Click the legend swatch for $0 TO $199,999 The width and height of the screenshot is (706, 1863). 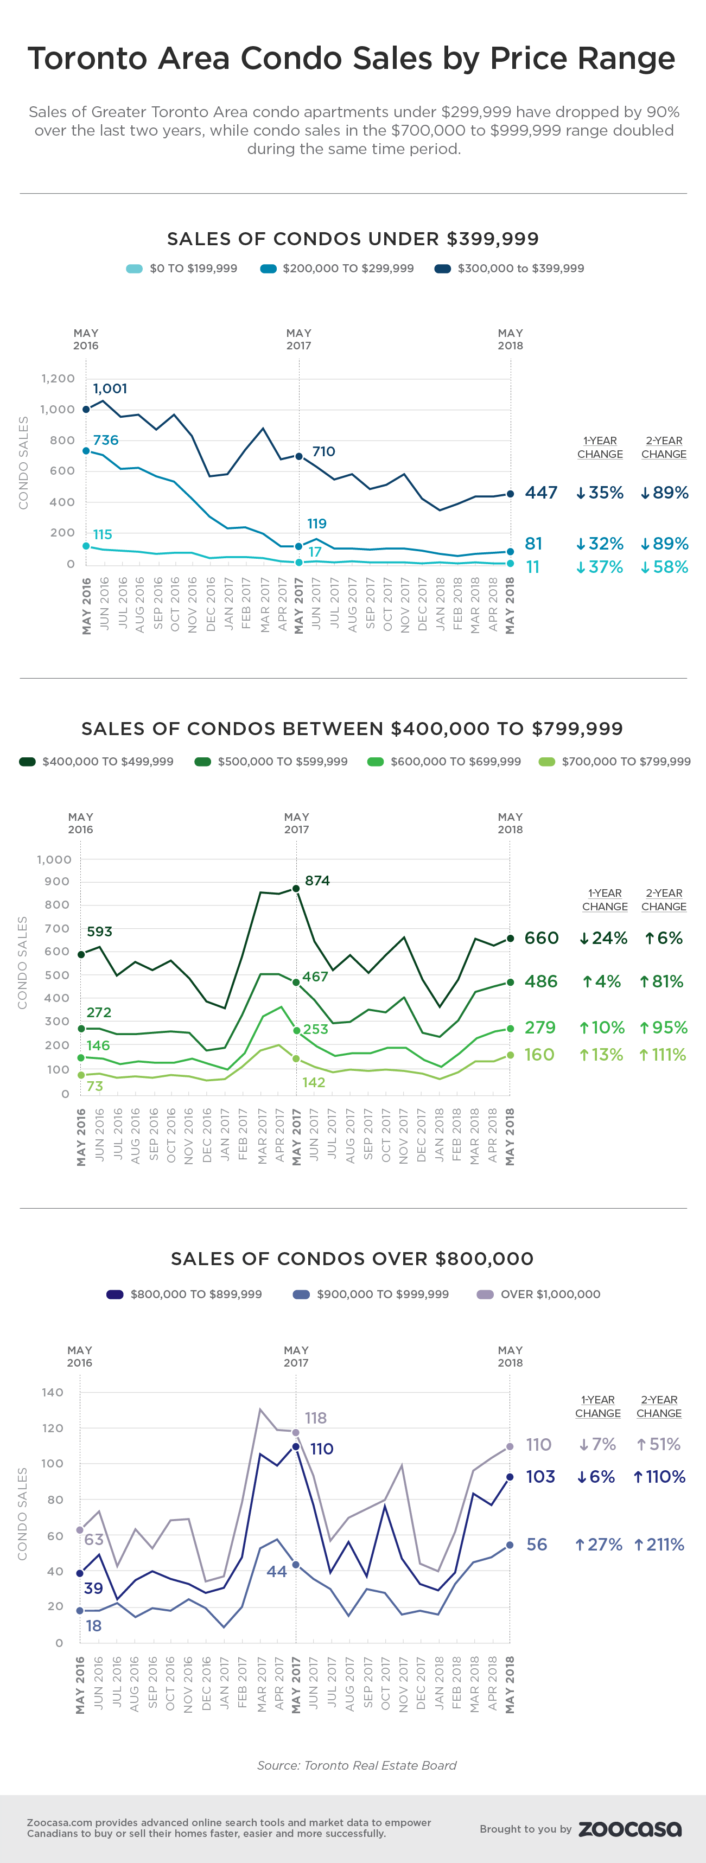(135, 269)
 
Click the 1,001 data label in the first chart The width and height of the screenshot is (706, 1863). (110, 388)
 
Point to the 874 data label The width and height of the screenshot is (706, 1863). (317, 880)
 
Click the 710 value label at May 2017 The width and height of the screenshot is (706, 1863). (323, 451)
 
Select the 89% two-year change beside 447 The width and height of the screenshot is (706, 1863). (664, 493)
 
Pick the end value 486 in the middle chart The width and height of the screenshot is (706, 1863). (541, 981)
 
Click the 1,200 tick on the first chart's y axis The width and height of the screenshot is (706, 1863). (58, 378)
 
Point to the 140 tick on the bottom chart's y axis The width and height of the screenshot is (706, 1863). (53, 1392)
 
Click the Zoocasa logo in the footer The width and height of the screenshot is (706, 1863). (630, 1829)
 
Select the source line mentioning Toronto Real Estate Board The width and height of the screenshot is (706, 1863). (357, 1765)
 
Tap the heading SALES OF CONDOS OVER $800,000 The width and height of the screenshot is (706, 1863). (352, 1259)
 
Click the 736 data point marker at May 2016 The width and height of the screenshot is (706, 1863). (86, 451)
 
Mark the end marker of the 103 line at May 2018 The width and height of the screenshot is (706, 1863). (510, 1477)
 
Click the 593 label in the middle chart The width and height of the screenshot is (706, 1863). (99, 931)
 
